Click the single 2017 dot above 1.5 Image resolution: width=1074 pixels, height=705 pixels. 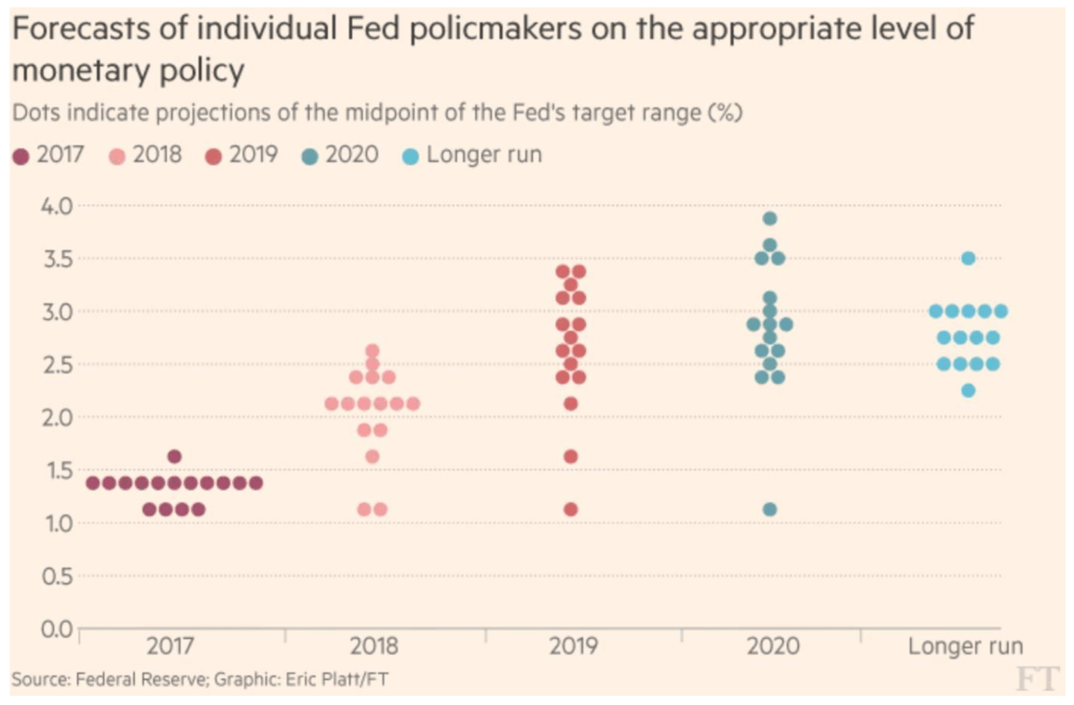click(x=174, y=456)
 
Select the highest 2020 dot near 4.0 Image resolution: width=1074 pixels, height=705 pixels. click(x=769, y=219)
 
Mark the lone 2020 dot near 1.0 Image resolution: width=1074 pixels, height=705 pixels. click(x=769, y=509)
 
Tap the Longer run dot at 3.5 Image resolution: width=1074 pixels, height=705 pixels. click(x=969, y=258)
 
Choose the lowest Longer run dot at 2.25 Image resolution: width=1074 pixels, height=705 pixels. click(x=969, y=390)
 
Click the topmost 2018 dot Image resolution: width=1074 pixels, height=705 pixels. click(x=372, y=351)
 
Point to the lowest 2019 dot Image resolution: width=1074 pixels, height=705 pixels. click(x=571, y=509)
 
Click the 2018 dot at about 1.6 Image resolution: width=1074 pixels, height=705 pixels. click(x=372, y=456)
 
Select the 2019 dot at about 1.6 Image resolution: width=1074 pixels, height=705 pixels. click(x=571, y=456)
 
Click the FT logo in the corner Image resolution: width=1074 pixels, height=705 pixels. click(x=1037, y=679)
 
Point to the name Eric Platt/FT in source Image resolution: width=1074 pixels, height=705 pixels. click(x=344, y=679)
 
